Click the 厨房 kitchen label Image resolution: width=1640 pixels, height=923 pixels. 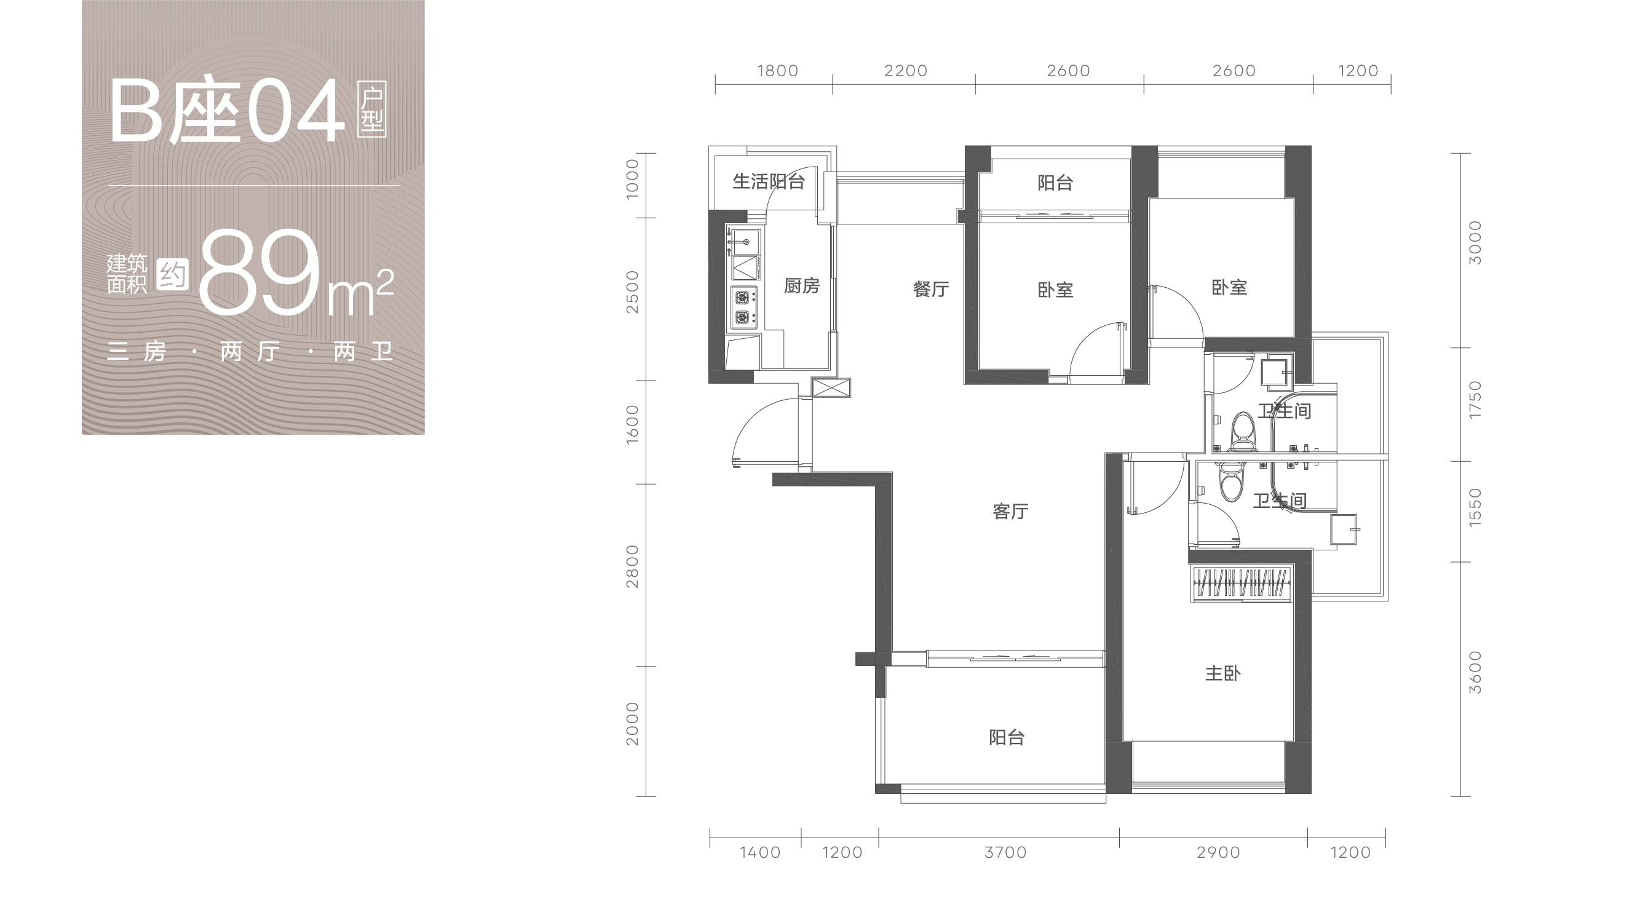(801, 286)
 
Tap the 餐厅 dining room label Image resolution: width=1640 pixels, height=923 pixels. (931, 290)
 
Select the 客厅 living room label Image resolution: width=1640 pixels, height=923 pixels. (1010, 511)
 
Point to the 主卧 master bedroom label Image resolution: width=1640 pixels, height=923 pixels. (1222, 673)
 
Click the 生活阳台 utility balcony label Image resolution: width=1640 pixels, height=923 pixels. (769, 181)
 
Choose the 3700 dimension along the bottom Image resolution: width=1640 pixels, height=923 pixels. (1005, 852)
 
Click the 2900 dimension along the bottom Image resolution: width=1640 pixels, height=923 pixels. (1219, 852)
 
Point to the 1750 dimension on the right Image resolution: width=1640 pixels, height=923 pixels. (1475, 400)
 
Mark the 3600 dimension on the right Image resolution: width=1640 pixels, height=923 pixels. (1475, 673)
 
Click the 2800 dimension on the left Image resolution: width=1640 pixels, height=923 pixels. (632, 566)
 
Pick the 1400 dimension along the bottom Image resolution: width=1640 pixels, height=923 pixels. (760, 852)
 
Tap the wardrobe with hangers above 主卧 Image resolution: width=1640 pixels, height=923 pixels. (1241, 583)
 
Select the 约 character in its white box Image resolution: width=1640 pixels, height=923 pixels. (173, 274)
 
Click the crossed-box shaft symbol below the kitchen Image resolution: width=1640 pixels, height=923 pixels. (831, 387)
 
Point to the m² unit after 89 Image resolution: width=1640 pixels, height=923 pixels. (360, 293)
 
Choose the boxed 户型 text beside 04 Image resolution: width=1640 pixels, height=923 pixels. (373, 110)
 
